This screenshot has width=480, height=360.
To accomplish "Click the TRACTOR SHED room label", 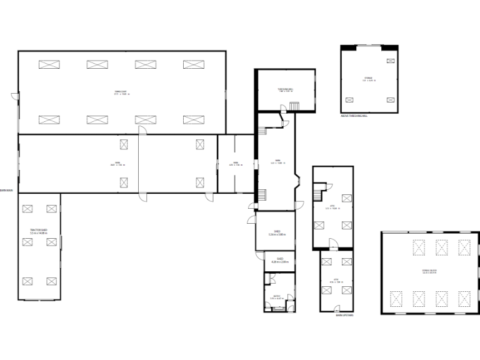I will [39, 231].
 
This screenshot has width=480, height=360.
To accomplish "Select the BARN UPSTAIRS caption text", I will [344, 316].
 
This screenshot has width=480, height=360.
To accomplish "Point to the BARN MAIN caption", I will [6, 191].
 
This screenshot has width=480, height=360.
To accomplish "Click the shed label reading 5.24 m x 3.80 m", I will [277, 232].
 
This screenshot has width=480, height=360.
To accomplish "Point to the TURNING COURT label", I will [121, 92].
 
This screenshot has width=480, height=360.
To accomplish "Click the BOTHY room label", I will [277, 297].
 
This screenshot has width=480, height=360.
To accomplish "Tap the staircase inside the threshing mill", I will [294, 106].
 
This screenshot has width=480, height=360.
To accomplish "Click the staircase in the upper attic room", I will [319, 187].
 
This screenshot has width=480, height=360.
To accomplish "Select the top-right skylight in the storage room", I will [391, 61].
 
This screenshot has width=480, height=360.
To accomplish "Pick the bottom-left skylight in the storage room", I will [349, 100].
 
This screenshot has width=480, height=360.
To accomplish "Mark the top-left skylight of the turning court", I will [49, 64].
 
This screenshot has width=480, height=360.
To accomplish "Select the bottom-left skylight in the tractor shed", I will [27, 281].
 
